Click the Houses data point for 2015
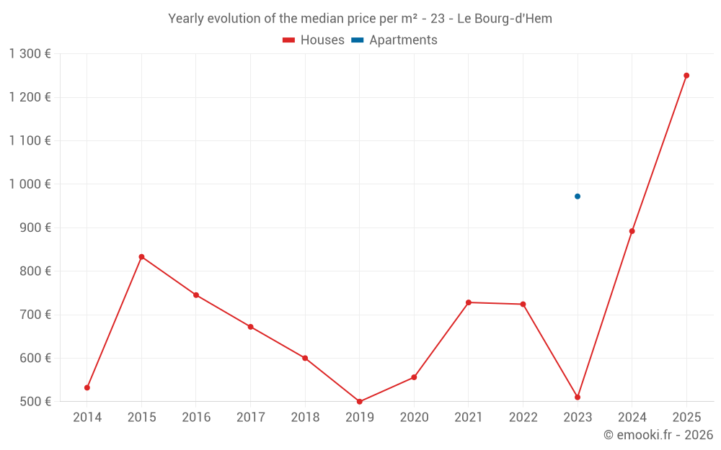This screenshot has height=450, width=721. point(141,257)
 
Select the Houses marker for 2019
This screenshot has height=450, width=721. point(360,402)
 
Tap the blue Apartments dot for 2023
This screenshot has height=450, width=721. point(578,197)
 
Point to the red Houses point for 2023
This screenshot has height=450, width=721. point(578,397)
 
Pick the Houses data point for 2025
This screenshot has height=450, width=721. point(686,76)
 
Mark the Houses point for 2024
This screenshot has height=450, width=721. point(632,231)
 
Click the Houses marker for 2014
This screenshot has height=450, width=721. point(87,388)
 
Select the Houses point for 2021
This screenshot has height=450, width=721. point(469,302)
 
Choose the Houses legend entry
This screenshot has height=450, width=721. point(313,40)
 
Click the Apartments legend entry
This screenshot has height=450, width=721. point(394,40)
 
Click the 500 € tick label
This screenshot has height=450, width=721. point(35,402)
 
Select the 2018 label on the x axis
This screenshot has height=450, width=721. point(305,418)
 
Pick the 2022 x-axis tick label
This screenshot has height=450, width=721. point(523,418)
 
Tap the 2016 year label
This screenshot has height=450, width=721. point(196,418)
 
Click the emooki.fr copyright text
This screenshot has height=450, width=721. point(658,435)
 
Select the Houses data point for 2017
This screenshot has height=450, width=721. point(251,327)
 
